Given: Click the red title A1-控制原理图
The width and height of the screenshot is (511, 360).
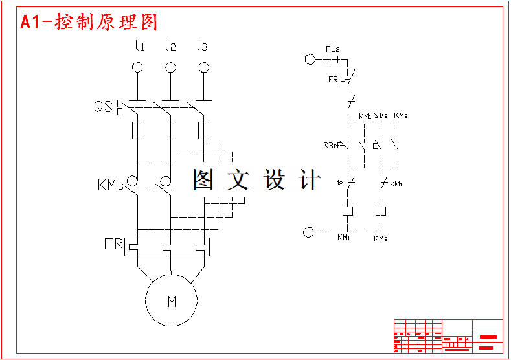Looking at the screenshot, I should [89, 23].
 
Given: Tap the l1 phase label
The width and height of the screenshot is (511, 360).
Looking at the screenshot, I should [139, 46].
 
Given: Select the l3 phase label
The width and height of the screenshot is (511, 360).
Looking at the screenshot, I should [202, 46].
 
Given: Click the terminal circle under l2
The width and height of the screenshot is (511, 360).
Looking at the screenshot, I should [170, 67].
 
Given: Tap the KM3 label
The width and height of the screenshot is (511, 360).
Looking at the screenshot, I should [110, 185].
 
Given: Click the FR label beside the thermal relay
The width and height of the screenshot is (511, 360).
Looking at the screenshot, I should [113, 244].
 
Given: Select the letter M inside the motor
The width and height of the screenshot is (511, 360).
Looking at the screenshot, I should [172, 301].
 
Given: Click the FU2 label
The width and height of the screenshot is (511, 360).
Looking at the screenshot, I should [333, 49].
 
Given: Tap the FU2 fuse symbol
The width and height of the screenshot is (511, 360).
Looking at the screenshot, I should [331, 60].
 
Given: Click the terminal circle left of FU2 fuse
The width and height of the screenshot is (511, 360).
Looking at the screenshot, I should [309, 60].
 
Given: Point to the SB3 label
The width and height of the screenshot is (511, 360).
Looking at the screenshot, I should [381, 115].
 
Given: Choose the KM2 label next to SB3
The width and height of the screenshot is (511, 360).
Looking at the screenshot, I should [400, 115].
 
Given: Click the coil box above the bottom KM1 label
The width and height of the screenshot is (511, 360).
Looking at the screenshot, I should [348, 210].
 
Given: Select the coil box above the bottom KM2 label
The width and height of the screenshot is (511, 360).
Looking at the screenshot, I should [381, 210].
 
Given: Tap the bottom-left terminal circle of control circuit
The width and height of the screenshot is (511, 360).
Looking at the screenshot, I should [308, 231].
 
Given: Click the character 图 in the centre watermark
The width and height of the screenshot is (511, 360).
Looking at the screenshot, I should [203, 179].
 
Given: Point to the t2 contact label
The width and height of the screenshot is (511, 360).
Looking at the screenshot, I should [340, 183].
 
